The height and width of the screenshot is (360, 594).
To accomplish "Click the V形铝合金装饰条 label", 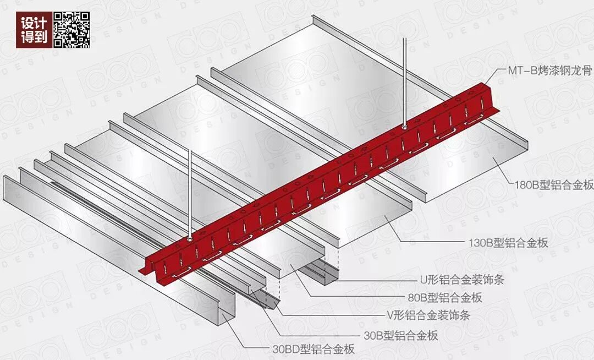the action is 428,316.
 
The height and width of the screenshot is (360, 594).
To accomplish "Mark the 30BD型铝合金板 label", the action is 313,348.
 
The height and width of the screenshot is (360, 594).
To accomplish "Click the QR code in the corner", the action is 71,29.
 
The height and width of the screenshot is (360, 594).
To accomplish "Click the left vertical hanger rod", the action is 190,193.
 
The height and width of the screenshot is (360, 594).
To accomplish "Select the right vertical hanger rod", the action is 405,83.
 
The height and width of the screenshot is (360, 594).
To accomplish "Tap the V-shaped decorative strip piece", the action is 264,300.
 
